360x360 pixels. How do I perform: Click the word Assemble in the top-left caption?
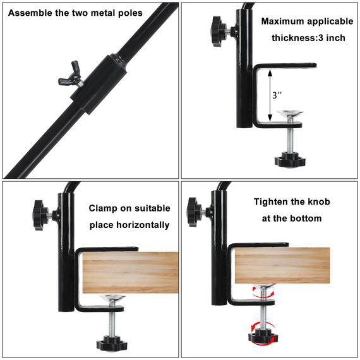click(x=30, y=13)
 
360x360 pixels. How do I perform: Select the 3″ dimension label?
click(x=277, y=95)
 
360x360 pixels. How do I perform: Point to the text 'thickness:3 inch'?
click(x=308, y=38)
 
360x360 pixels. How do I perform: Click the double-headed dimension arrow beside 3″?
click(x=270, y=95)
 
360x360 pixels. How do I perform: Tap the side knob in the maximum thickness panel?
click(x=220, y=31)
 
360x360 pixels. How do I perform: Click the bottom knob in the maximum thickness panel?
click(x=290, y=159)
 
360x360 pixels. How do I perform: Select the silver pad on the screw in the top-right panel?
click(x=290, y=114)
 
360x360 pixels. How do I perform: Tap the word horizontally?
click(x=143, y=225)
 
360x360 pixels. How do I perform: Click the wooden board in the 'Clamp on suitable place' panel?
click(x=130, y=272)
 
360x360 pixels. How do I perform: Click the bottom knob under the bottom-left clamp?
click(x=112, y=343)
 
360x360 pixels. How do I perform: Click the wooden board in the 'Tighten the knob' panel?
click(x=282, y=265)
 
